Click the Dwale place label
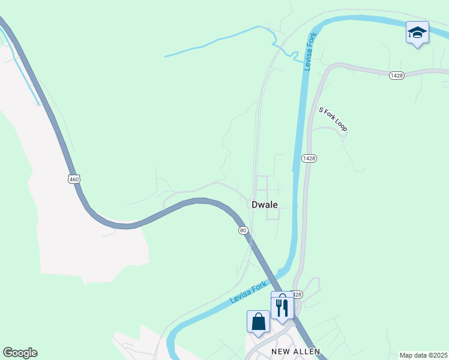coord(265,205)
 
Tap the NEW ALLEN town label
coord(296,352)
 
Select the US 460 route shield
coord(73,179)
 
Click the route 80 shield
coord(243,230)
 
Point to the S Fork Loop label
coord(333,119)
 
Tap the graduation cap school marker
coord(417,32)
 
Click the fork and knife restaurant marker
coord(282,308)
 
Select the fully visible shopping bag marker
coord(258,321)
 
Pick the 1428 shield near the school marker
coord(396,75)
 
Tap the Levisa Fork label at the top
coord(310,52)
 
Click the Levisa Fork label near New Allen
coord(247,293)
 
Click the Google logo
coord(20,353)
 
